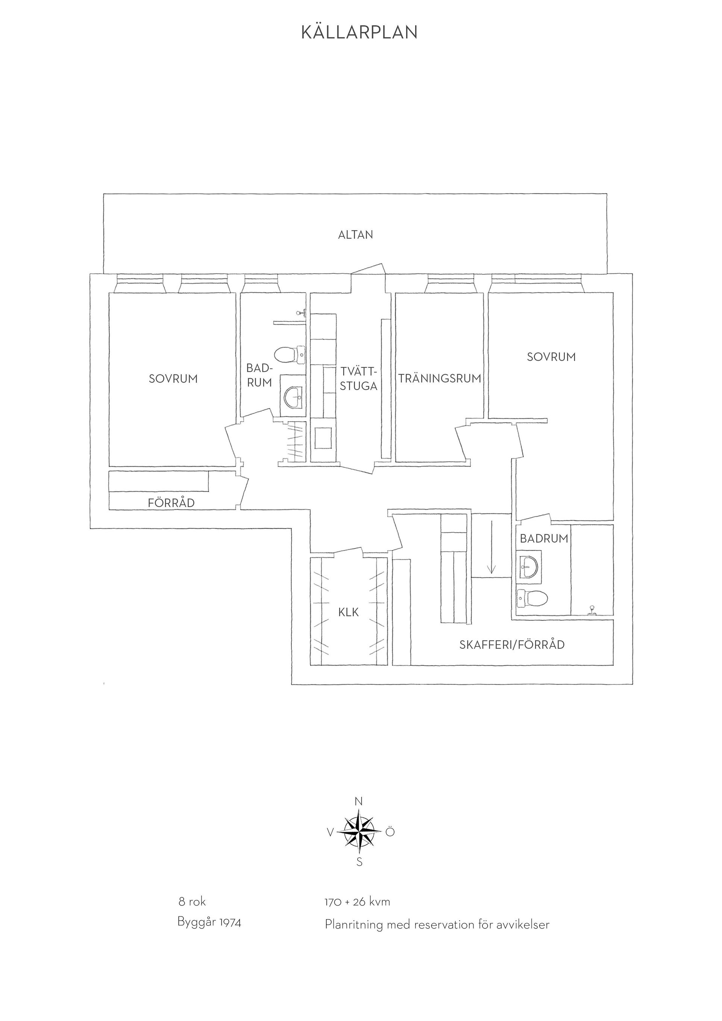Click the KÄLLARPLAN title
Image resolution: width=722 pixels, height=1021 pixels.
(x=359, y=32)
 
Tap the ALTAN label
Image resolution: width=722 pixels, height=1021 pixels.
(x=356, y=235)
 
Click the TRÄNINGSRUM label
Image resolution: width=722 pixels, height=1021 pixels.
(x=440, y=379)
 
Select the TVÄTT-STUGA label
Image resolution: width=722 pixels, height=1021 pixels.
(x=359, y=378)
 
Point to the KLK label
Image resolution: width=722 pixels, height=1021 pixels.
(x=349, y=613)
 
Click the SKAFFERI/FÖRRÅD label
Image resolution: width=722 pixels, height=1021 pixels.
(x=512, y=645)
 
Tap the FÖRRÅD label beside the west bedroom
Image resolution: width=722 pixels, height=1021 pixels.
(x=171, y=503)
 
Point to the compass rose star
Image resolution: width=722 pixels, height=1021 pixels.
(x=359, y=831)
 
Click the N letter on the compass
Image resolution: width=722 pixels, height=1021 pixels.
(x=359, y=802)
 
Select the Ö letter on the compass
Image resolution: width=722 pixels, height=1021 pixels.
(x=390, y=831)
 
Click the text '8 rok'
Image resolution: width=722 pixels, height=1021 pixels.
(x=192, y=902)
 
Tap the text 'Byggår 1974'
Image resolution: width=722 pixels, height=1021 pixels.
(x=209, y=923)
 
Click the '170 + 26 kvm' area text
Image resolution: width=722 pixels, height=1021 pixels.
(x=358, y=902)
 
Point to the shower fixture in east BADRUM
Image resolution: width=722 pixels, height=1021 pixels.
(x=592, y=610)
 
